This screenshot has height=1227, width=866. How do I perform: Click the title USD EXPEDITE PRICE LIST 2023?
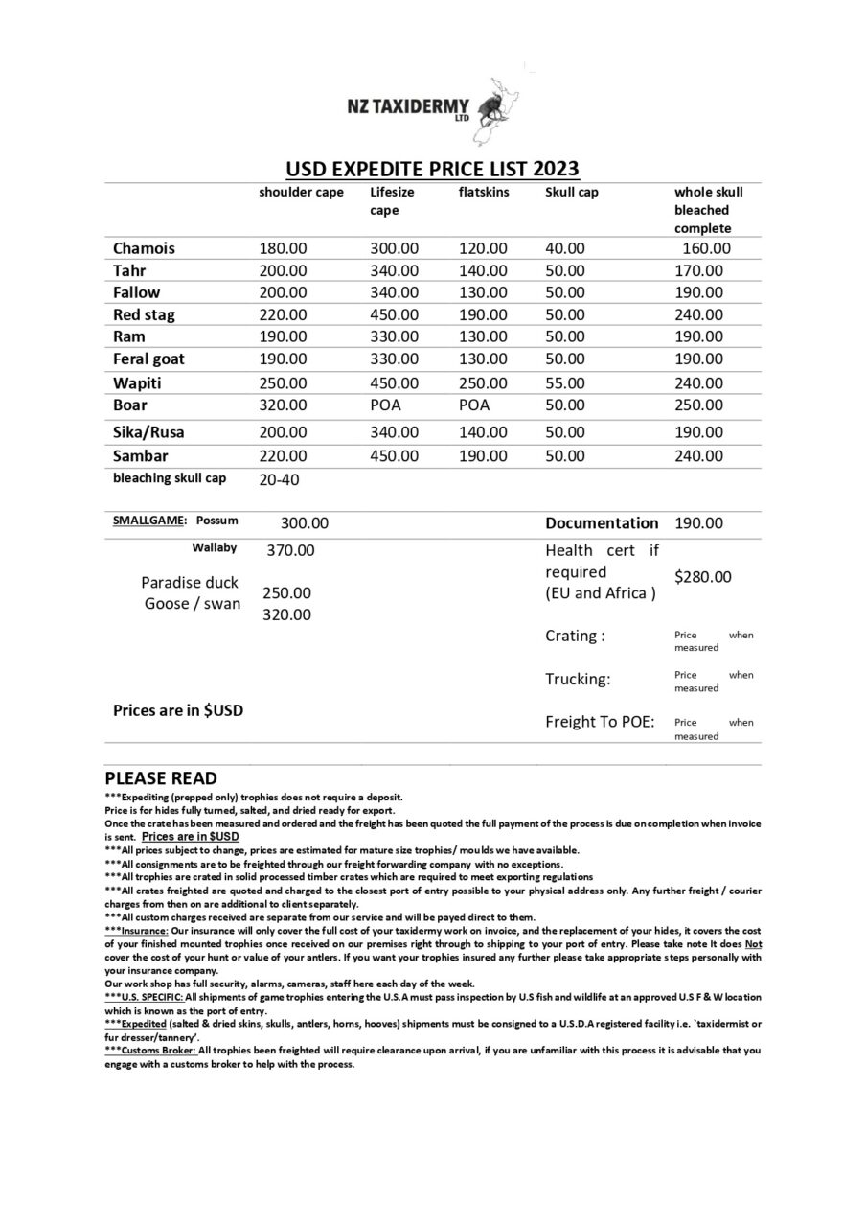(x=432, y=170)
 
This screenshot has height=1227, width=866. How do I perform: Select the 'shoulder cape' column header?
(x=301, y=192)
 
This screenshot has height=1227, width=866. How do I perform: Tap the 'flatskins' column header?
(x=484, y=192)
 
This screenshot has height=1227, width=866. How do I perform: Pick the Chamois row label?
(x=144, y=248)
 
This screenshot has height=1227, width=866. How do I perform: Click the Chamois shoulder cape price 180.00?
(x=283, y=248)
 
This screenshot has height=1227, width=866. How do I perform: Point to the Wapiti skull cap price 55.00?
(x=564, y=382)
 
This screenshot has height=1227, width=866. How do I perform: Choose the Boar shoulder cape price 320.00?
(x=283, y=405)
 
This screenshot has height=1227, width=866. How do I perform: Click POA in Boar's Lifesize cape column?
(x=385, y=405)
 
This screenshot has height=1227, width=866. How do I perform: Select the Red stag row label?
(x=144, y=314)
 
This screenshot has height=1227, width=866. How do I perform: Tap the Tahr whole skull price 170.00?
(x=698, y=270)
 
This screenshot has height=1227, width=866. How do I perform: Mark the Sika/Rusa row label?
(x=148, y=432)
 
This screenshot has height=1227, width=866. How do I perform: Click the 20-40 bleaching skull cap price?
(x=279, y=479)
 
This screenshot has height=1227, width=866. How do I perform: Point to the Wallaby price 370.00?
(x=290, y=550)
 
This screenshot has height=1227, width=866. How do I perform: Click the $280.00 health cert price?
(x=702, y=577)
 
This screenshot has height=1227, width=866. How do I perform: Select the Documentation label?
(x=602, y=523)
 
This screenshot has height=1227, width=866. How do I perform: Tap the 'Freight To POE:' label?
(x=600, y=722)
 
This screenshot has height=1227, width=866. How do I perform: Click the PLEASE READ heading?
(x=161, y=778)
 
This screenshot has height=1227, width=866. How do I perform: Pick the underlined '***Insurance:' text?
(x=137, y=931)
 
